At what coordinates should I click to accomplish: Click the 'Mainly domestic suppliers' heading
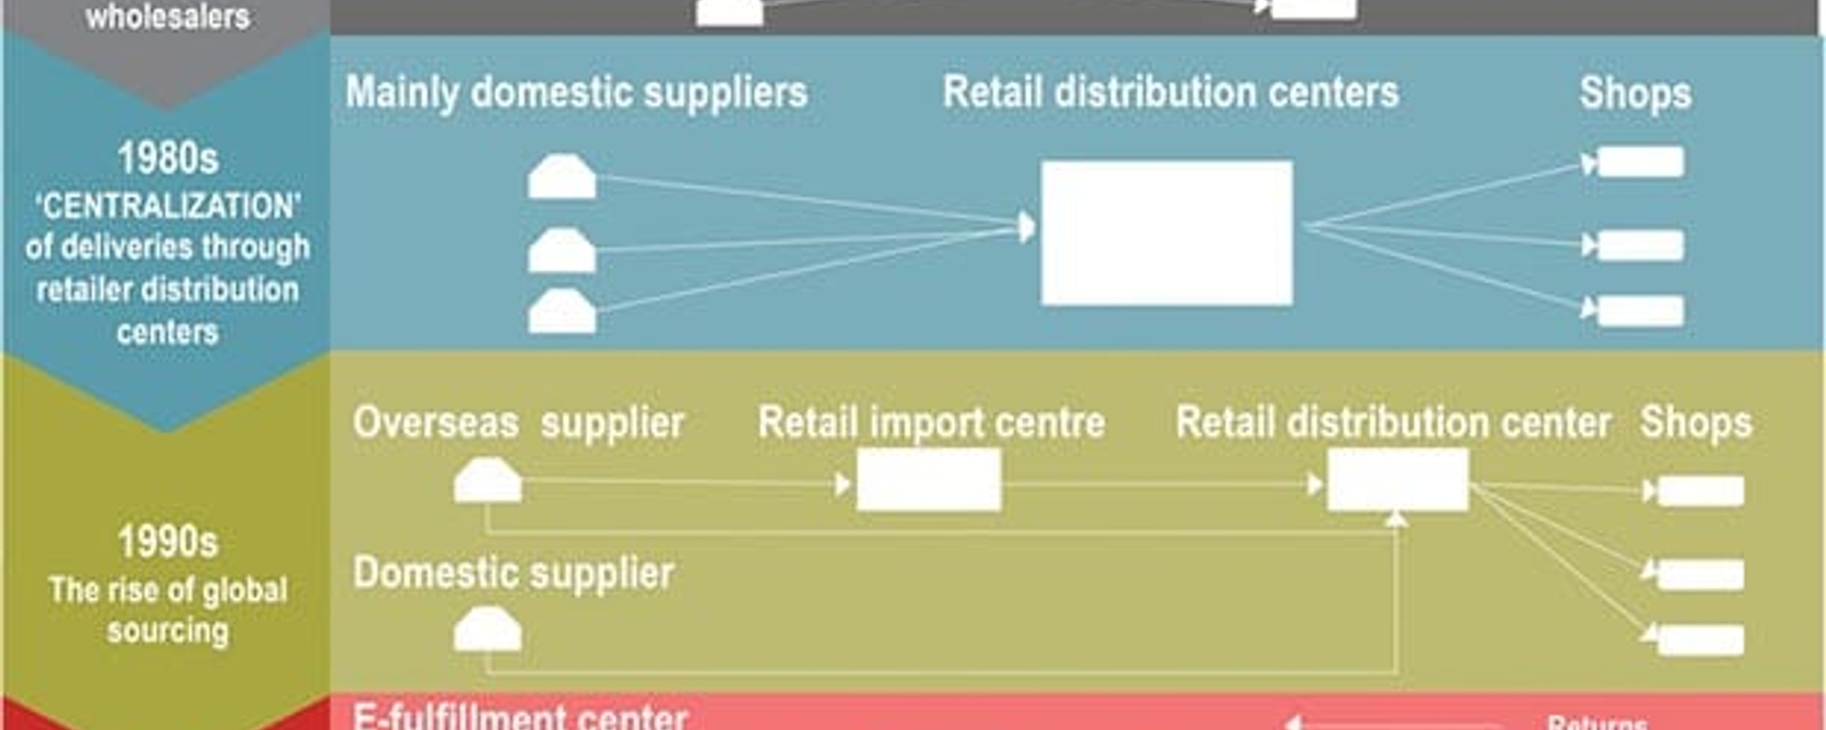click(576, 93)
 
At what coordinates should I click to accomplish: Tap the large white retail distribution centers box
click(1167, 233)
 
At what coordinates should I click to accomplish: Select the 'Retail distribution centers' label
click(1170, 93)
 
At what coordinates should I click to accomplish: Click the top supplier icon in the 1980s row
click(561, 177)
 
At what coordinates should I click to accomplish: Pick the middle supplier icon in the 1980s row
click(561, 251)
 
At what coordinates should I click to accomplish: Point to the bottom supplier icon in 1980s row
click(561, 312)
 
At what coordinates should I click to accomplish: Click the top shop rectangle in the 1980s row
click(1641, 162)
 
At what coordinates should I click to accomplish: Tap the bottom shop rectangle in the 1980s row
click(1641, 311)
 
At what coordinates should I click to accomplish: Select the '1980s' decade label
click(168, 159)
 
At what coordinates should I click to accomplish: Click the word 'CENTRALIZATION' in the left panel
click(168, 206)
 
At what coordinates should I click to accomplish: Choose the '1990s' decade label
click(168, 542)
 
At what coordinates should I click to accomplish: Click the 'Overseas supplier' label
click(519, 422)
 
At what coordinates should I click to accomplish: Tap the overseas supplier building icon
click(488, 481)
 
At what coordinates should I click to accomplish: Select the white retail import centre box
click(929, 481)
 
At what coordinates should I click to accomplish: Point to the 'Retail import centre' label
click(931, 422)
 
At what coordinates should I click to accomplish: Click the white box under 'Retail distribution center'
click(1397, 481)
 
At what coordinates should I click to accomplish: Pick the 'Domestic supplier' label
click(513, 573)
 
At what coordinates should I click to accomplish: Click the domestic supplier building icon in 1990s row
click(488, 631)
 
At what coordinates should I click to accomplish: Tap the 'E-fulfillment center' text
click(519, 716)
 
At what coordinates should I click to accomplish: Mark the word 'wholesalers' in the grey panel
click(168, 16)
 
